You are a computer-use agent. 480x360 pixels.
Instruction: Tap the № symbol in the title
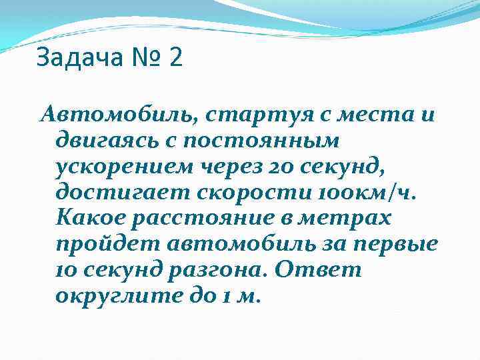(x=145, y=58)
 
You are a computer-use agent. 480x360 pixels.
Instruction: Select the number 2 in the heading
(x=175, y=58)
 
